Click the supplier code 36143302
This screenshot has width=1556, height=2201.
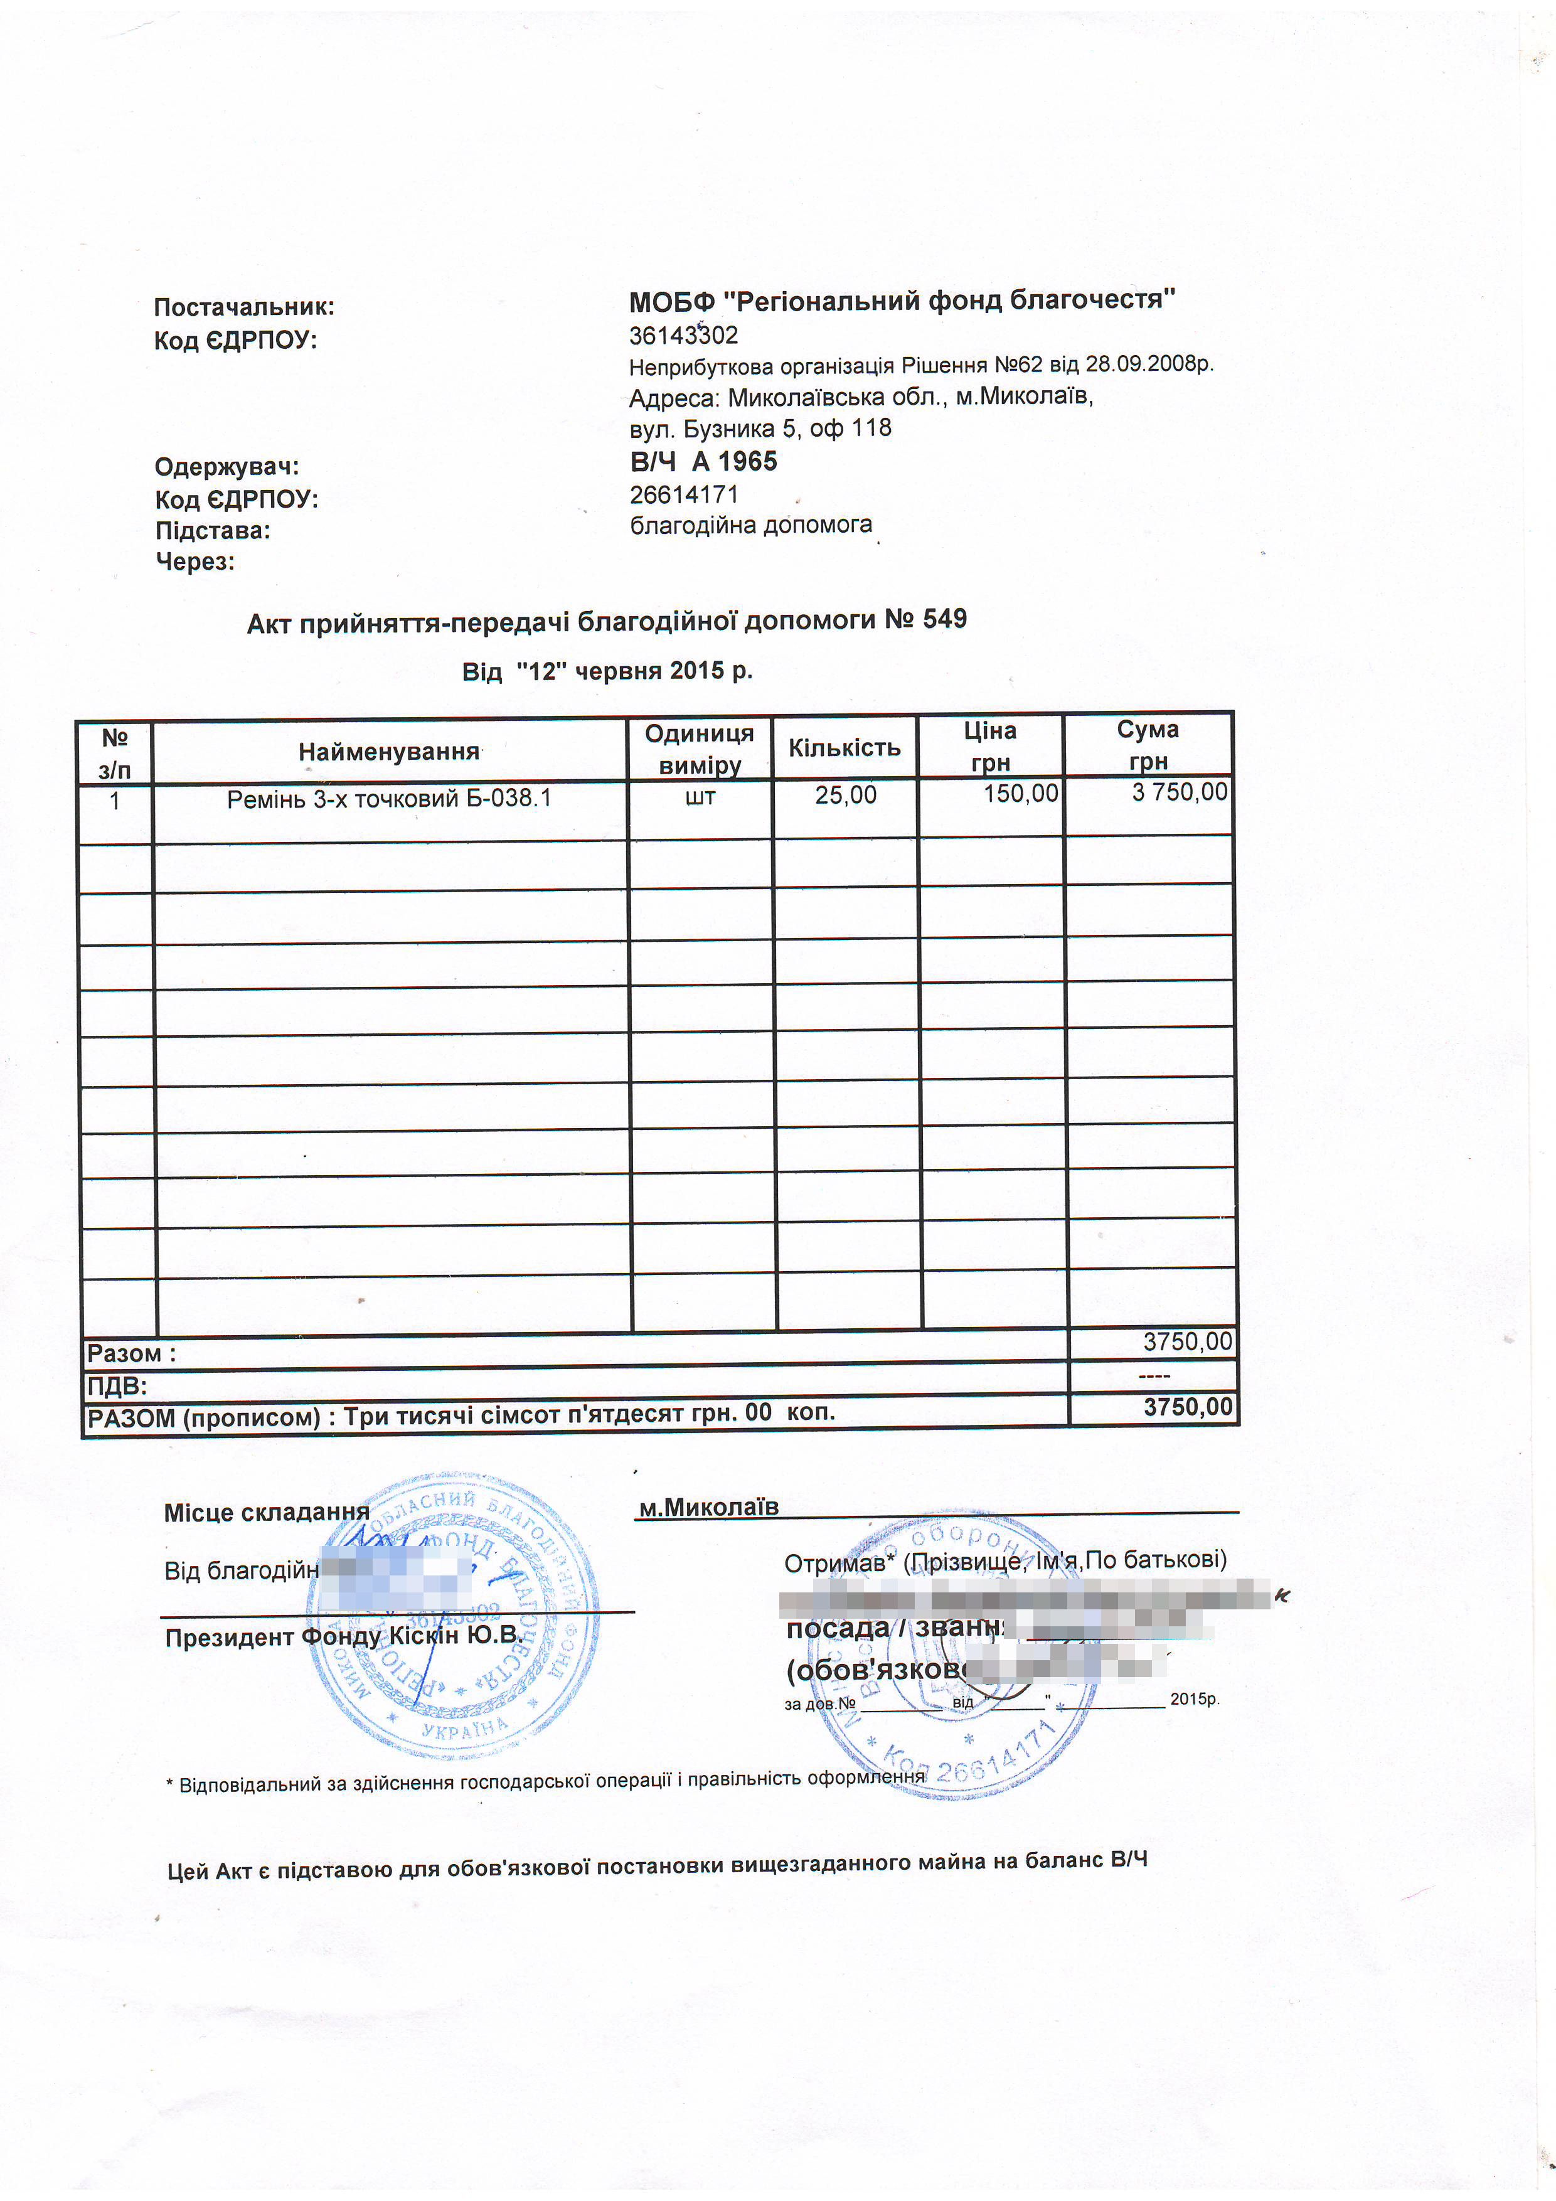coord(683,336)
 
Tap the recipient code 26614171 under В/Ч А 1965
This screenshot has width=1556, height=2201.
coord(683,494)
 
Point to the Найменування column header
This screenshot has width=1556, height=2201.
coord(388,752)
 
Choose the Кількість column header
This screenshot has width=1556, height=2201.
coord(844,748)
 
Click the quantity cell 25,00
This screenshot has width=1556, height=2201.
coord(846,795)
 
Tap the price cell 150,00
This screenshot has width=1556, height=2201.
coord(1021,794)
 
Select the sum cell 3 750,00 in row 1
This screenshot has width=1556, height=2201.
coord(1179,792)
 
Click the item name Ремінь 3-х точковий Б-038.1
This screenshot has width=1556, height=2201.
coord(389,799)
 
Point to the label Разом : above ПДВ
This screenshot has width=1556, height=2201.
coord(131,1353)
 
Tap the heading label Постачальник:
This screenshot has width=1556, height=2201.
coord(245,307)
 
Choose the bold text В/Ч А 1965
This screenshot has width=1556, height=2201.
coord(704,462)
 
